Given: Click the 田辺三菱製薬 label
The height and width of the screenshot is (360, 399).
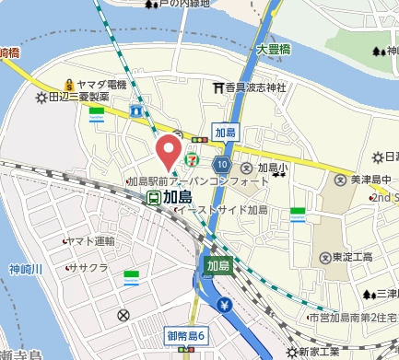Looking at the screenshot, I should [x=78, y=97].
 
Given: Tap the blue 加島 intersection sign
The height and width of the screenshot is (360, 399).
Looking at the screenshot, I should [x=225, y=133].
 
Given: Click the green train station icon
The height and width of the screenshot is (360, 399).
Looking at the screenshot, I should [x=154, y=197].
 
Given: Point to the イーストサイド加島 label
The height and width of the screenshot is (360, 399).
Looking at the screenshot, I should [x=221, y=210].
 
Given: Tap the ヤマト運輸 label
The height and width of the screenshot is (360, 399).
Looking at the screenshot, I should [x=91, y=241].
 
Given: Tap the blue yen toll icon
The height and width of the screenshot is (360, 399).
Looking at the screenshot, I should [x=224, y=306].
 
